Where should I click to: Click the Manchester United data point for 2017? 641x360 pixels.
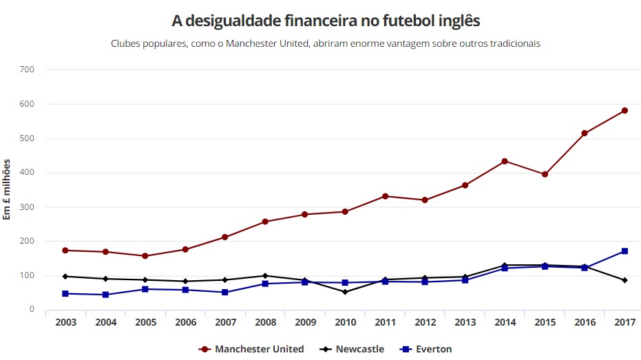624,110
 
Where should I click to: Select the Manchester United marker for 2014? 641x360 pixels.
505,161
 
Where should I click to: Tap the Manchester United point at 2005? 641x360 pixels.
145,256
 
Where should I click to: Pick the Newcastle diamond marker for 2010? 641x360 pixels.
345,292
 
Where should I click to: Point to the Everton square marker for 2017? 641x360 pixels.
624,251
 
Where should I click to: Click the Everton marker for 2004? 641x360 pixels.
105,295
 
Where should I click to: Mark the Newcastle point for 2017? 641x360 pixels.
624,280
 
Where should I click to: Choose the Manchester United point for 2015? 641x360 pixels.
545,174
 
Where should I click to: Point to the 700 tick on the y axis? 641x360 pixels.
28,70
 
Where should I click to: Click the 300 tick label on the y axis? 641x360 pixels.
28,207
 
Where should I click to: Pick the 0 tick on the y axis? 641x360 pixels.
32,310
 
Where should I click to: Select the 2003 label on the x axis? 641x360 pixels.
65,323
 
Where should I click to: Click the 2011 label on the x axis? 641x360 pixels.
385,323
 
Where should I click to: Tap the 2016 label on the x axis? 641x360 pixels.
585,323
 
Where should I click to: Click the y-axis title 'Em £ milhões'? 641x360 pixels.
8,189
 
